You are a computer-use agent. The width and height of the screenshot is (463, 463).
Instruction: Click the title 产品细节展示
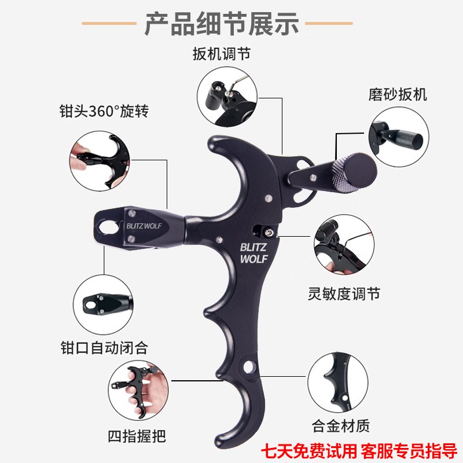pyautogui.click(x=221, y=24)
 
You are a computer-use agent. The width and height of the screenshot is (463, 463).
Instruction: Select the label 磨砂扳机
pyautogui.click(x=398, y=94)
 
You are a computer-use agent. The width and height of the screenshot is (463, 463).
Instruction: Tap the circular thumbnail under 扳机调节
pyautogui.click(x=226, y=96)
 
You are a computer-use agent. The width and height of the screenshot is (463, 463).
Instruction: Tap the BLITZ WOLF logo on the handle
pyautogui.click(x=253, y=253)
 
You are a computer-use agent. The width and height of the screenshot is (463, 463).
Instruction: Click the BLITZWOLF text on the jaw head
pyautogui.click(x=144, y=226)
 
